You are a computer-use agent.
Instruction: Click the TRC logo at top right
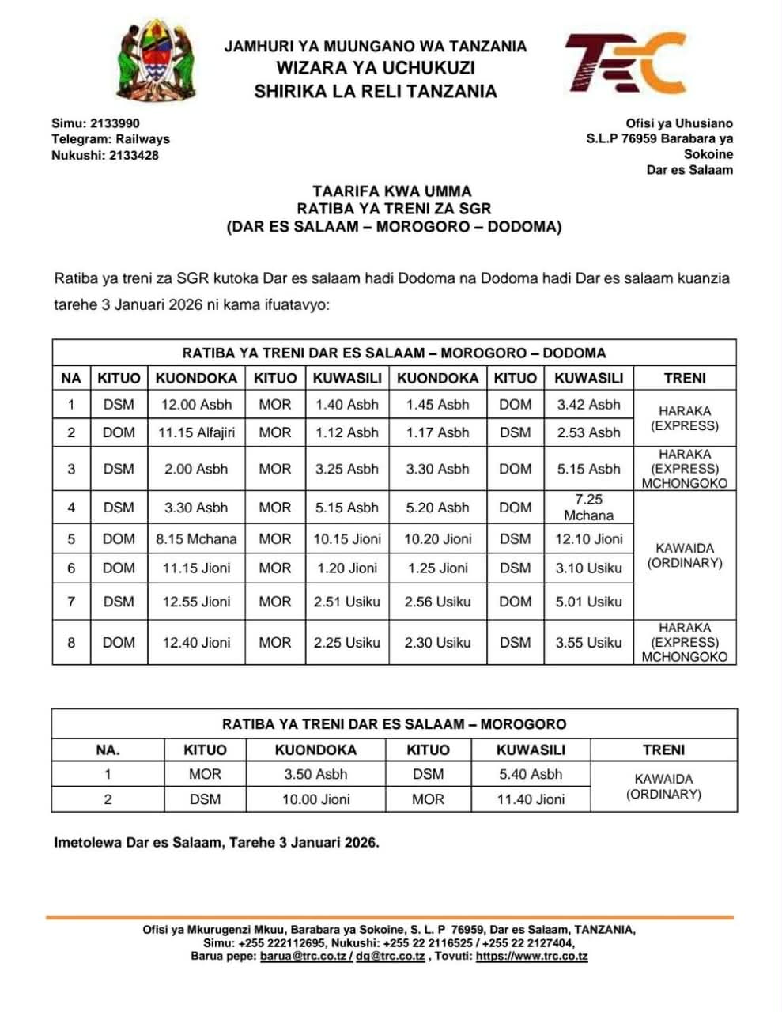[624, 64]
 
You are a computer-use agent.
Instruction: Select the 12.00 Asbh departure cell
[196, 405]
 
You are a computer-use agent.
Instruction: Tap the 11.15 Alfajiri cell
[196, 432]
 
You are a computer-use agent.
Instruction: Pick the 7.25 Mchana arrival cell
[588, 507]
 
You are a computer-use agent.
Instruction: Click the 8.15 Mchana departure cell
[196, 539]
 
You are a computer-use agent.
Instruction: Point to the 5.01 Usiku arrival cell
[588, 602]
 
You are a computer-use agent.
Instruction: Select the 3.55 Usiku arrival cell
[588, 643]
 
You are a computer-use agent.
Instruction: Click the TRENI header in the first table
[685, 378]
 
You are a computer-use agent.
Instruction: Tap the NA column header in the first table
[71, 378]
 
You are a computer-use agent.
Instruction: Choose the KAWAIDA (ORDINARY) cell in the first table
[685, 555]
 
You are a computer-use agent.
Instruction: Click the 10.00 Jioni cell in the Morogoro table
[315, 799]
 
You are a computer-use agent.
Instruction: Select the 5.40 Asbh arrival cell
[531, 774]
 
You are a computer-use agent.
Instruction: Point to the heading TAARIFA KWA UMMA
[391, 191]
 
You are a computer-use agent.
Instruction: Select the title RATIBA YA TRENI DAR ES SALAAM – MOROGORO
[394, 723]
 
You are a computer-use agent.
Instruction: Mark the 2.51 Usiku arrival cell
[346, 602]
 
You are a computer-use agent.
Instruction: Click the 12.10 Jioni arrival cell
[588, 539]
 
